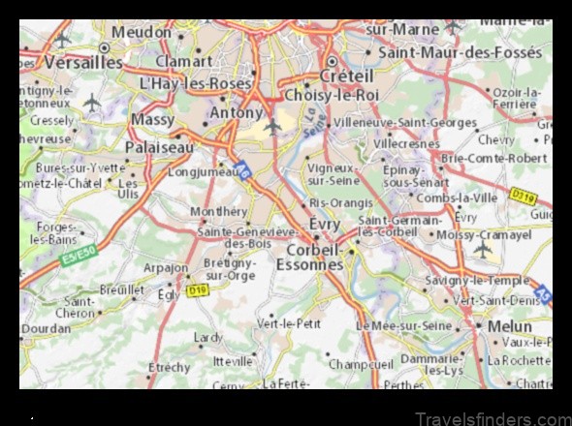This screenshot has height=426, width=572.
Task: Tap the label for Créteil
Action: pos(346,76)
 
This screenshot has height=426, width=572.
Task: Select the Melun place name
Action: pos(510,326)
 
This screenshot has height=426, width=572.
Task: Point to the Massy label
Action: pos(152,120)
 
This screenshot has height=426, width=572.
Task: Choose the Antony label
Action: pos(236,114)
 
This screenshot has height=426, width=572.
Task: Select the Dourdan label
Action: pos(48,328)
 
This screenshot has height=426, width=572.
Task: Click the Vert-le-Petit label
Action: pos(288,322)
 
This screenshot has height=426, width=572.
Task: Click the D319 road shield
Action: pos(524,197)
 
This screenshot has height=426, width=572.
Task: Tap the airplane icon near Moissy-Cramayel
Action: pos(482,250)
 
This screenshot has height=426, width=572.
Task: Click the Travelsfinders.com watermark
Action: pos(494,417)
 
